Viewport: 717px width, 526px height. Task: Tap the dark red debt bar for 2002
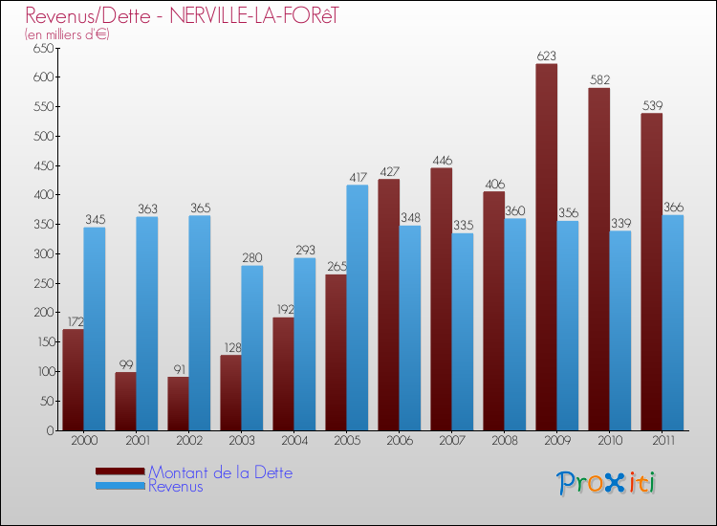click(178, 403)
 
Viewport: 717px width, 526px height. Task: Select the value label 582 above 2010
click(599, 80)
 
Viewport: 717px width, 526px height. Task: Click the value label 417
click(358, 177)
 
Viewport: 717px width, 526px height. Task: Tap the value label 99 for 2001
click(125, 364)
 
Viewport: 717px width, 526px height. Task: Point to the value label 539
click(652, 105)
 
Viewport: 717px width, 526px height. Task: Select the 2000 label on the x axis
click(83, 441)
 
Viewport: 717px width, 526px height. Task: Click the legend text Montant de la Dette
click(220, 472)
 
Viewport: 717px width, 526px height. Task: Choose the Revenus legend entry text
click(176, 486)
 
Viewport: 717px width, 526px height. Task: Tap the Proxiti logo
click(606, 483)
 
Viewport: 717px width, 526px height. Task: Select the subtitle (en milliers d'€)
click(67, 34)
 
